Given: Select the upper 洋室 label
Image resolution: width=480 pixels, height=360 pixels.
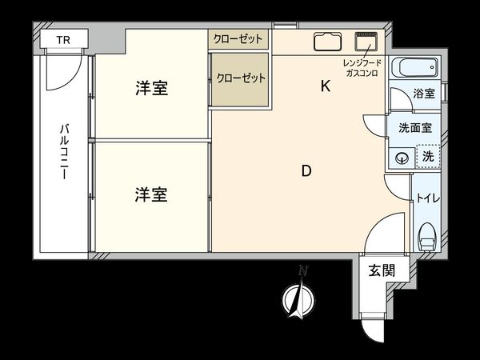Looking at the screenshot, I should point(150,88).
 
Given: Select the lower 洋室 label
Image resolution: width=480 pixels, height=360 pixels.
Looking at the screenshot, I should point(150,194).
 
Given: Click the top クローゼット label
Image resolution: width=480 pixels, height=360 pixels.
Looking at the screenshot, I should point(238,39).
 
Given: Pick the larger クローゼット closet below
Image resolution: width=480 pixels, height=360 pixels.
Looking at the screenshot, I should point(240,80).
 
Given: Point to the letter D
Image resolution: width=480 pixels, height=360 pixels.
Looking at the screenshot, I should point(306,170).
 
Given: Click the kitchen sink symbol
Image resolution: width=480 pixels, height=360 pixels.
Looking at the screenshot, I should point(327,42).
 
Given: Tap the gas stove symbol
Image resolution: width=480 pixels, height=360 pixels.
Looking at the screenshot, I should point(368,42).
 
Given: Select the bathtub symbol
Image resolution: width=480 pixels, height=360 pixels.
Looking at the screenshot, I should point(415,67).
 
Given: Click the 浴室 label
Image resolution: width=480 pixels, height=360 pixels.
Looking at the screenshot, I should point(424,94).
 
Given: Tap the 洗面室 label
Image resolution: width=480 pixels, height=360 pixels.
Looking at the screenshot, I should point(415,127).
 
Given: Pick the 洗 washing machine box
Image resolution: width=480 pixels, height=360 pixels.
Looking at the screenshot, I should point(427,157).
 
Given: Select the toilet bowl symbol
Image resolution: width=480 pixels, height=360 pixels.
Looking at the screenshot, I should point(427,238).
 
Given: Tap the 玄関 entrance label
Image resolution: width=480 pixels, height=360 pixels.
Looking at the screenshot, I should point(382,270).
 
